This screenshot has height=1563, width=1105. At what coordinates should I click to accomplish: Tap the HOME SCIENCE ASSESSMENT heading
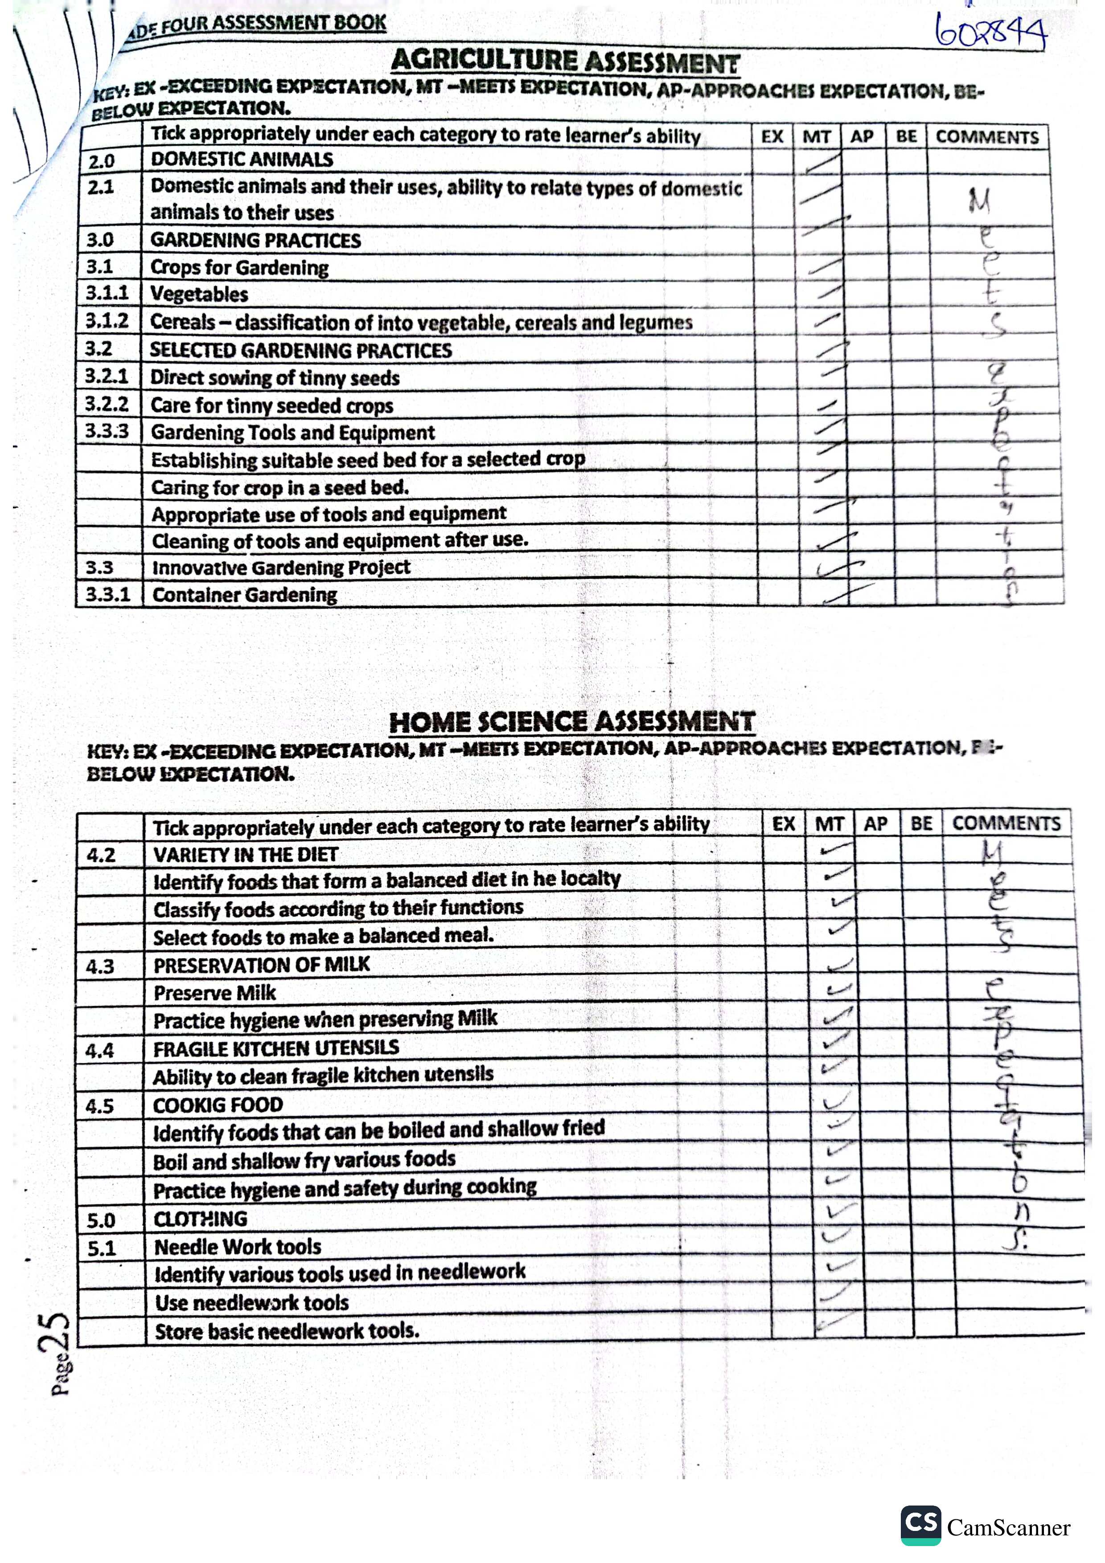(572, 722)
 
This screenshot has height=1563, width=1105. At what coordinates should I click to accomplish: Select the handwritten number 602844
(990, 31)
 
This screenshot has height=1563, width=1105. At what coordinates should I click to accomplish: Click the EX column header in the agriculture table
(772, 136)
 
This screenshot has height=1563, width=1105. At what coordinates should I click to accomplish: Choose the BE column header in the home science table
(921, 824)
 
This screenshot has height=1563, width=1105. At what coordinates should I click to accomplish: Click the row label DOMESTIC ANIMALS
(242, 160)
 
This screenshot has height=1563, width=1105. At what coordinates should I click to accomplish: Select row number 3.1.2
(107, 321)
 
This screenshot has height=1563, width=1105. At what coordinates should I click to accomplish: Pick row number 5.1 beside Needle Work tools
(102, 1248)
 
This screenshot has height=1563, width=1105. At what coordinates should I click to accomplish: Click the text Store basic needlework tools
(287, 1332)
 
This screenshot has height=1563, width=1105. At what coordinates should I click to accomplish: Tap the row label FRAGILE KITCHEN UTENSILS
(276, 1049)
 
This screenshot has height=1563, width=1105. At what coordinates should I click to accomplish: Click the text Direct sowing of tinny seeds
(275, 378)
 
